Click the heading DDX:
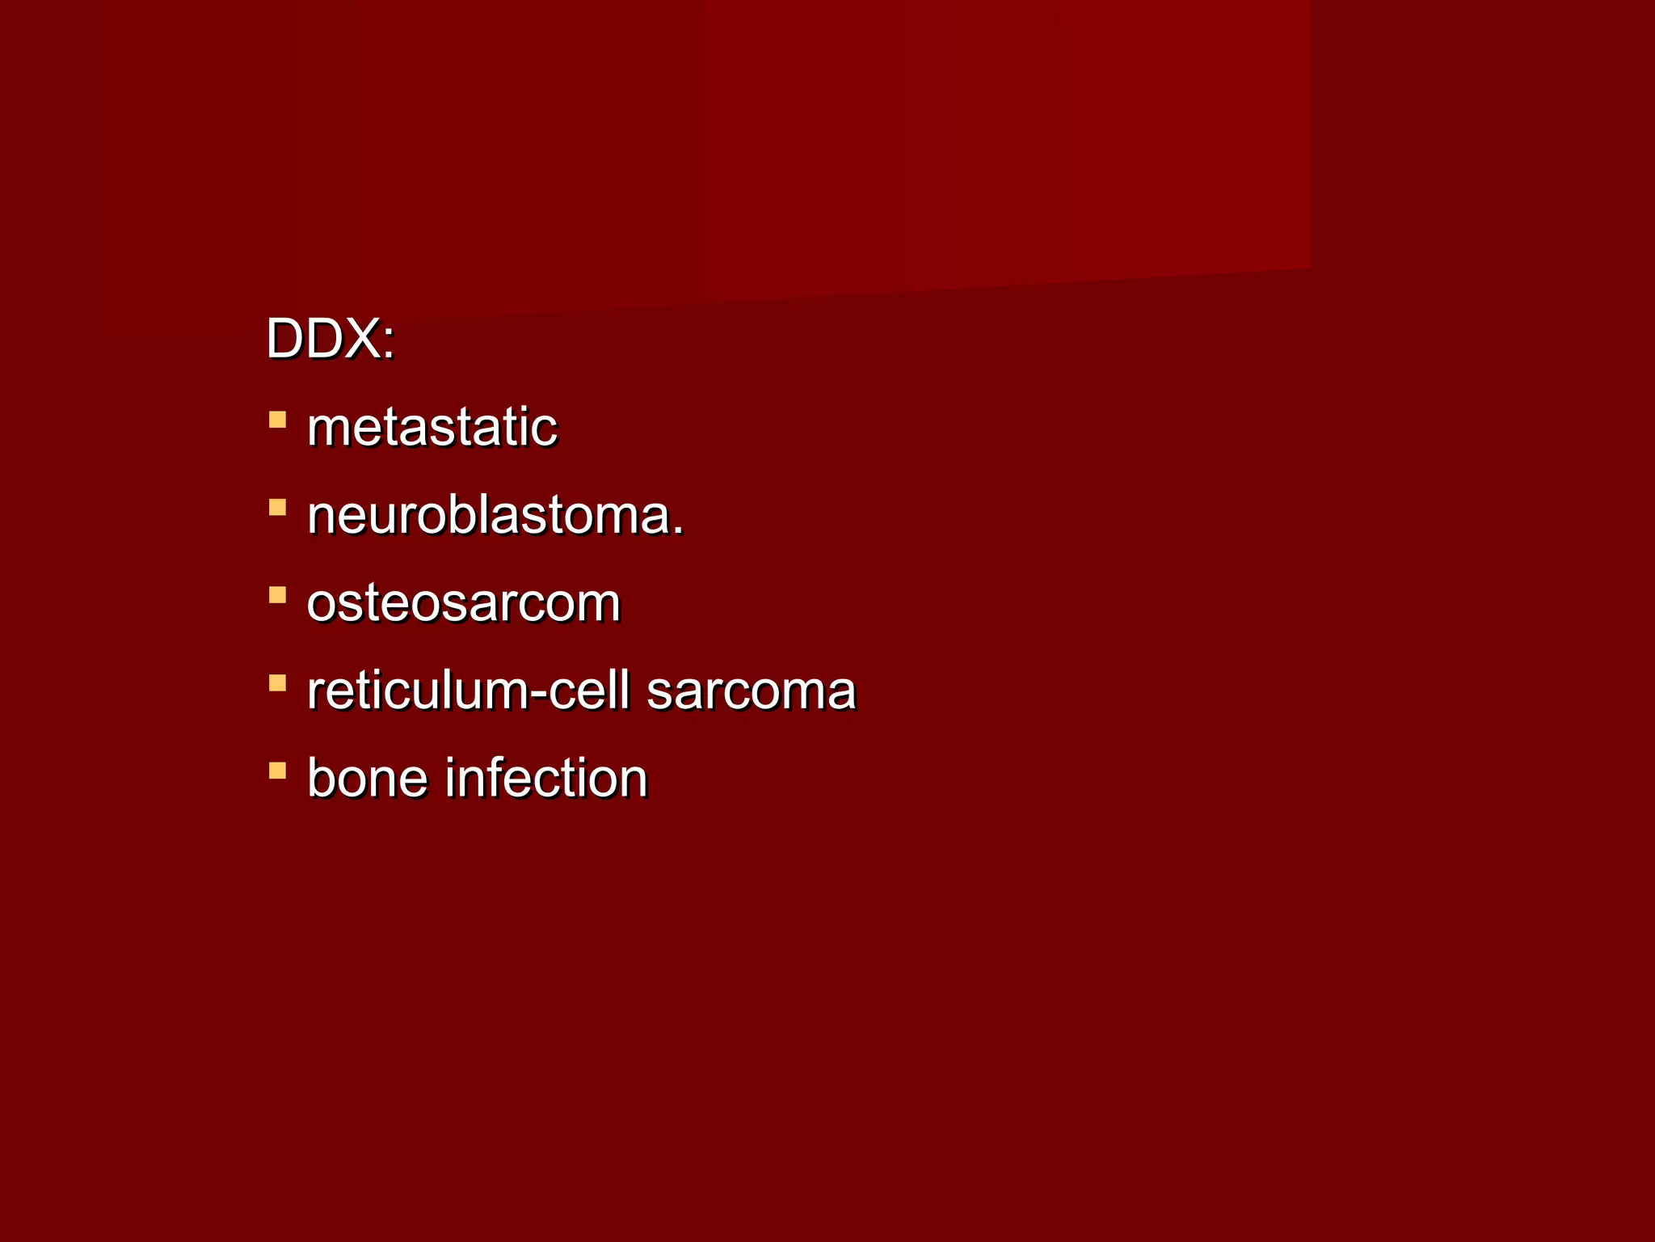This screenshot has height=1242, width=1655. tap(330, 339)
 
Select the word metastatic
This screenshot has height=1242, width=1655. tap(432, 427)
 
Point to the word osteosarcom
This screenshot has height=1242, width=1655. tap(463, 603)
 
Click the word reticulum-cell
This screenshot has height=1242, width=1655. tap(468, 691)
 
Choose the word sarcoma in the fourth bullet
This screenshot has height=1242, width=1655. tap(751, 692)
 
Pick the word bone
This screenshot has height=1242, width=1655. tap(367, 778)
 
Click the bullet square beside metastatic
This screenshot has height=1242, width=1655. tap(277, 420)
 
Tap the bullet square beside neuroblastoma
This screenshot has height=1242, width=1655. tap(277, 508)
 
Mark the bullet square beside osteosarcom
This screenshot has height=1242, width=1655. tap(277, 596)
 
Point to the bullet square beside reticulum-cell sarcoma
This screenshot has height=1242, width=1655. tap(277, 683)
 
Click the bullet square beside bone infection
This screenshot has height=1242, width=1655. tap(277, 771)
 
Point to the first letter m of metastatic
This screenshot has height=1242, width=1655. tap(326, 429)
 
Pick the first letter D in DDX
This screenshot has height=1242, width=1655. tap(285, 339)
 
